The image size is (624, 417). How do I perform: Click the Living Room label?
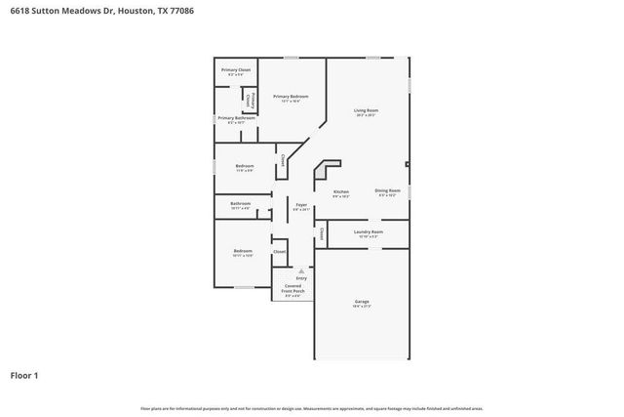click(x=366, y=110)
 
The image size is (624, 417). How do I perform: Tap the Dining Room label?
click(x=387, y=190)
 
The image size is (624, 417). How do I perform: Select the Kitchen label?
click(x=340, y=191)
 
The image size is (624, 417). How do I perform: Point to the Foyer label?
click(x=301, y=204)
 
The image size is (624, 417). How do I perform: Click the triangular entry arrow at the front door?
click(x=300, y=270)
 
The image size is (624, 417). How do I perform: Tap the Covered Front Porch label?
click(x=293, y=288)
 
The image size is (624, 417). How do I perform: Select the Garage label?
click(x=362, y=301)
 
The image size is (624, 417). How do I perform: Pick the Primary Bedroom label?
click(x=291, y=96)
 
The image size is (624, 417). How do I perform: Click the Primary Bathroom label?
click(x=236, y=118)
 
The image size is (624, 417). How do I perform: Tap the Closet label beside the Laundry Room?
click(x=321, y=233)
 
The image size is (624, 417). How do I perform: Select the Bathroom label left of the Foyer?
click(x=241, y=204)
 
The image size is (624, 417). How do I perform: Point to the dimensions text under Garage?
click(x=362, y=307)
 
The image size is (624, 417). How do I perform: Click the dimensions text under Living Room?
click(x=366, y=116)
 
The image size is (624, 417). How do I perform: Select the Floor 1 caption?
click(x=24, y=374)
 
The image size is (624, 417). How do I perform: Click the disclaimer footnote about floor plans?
click(x=312, y=408)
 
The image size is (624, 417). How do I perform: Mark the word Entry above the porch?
click(x=300, y=277)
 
